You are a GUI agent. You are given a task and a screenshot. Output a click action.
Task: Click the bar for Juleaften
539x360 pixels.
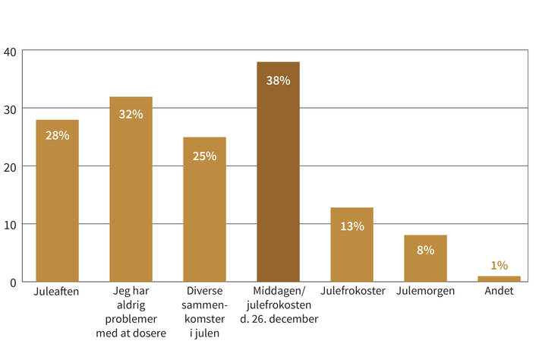pos(57,201)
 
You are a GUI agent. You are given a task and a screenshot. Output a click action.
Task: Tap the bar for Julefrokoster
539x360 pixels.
pos(351,245)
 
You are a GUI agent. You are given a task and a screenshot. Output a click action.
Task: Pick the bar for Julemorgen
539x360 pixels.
pos(425,258)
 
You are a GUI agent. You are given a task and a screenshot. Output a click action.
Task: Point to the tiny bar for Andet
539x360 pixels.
pos(499,279)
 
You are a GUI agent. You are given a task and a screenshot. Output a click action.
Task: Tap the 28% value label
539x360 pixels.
pos(57,135)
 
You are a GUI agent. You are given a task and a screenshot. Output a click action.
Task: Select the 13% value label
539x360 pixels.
pos(352,226)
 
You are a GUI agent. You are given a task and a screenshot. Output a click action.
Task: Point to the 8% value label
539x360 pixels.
pos(425,250)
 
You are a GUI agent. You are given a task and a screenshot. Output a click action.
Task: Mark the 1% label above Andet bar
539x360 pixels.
pos(499,265)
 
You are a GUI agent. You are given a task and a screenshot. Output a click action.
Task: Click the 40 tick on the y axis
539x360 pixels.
pos(10,51)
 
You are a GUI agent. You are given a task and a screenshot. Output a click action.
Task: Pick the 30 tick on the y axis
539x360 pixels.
pos(10,109)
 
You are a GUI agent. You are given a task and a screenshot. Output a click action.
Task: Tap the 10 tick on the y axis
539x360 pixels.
pos(10,224)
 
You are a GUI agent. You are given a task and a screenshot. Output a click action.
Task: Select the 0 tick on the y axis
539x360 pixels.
pos(13,283)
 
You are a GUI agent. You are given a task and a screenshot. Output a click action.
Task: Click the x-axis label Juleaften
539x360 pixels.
pos(57,291)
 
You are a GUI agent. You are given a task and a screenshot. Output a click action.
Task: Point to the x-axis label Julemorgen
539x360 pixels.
pos(425,291)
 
